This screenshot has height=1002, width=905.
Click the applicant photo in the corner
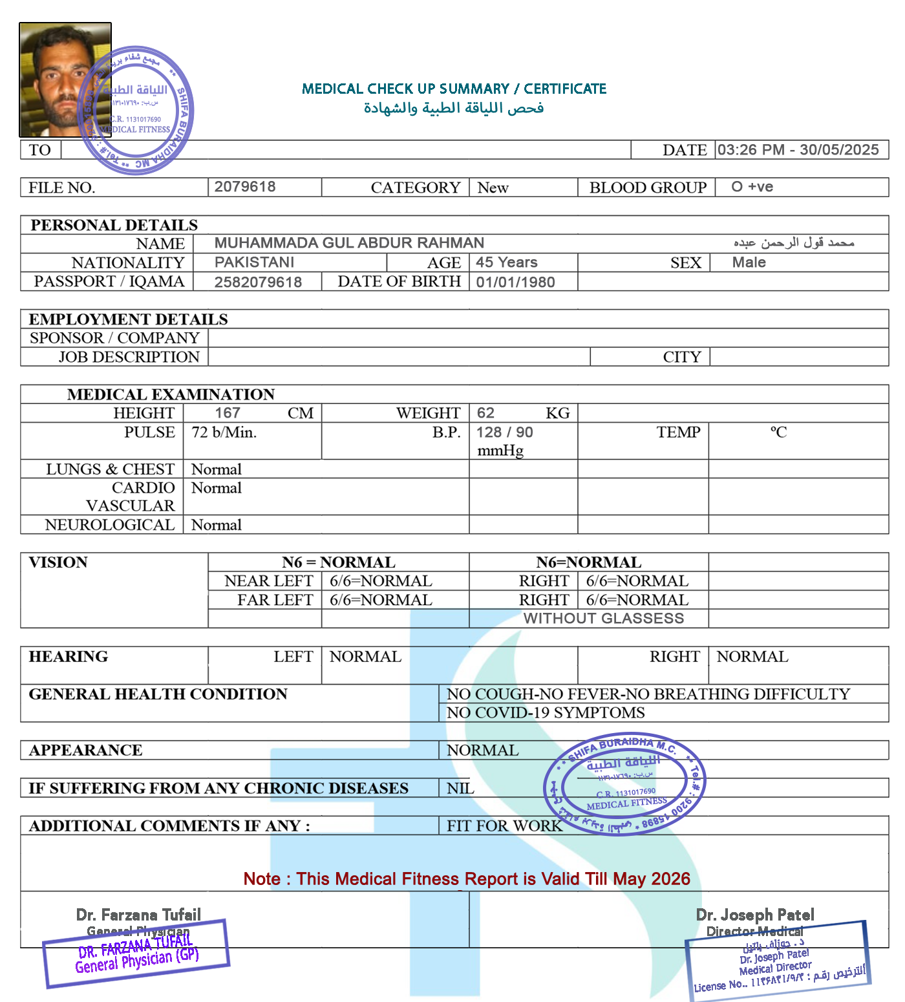tap(65, 80)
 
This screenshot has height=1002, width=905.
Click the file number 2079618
tap(245, 187)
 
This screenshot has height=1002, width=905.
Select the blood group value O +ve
tap(752, 187)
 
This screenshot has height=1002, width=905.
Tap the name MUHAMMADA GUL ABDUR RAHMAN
tap(349, 243)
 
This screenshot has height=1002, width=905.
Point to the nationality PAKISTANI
tap(254, 262)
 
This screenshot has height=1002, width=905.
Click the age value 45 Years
tap(507, 262)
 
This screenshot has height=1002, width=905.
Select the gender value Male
tap(749, 262)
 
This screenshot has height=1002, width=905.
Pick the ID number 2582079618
tap(258, 282)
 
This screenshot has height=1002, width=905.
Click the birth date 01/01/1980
tap(515, 282)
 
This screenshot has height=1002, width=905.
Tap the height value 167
tap(228, 413)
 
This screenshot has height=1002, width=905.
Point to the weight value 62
tap(485, 413)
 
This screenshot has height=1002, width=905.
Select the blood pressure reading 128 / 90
tap(505, 432)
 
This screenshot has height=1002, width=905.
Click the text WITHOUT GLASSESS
tap(604, 619)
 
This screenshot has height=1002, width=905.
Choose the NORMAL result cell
tap(483, 751)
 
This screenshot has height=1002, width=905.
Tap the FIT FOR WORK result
tap(504, 826)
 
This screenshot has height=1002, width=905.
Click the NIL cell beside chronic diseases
tap(460, 789)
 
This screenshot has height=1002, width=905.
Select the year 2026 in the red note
tap(670, 879)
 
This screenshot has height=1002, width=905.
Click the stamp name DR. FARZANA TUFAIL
tap(135, 946)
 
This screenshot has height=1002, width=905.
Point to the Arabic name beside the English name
tap(794, 243)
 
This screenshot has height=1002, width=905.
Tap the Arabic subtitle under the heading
tap(453, 108)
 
